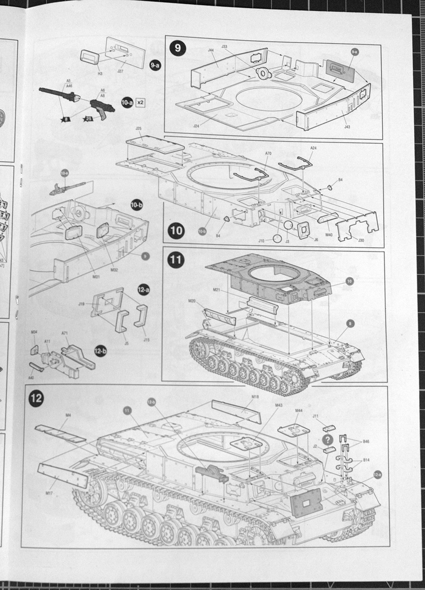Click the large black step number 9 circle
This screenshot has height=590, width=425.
click(x=177, y=47)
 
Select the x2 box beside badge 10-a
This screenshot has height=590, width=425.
click(x=140, y=103)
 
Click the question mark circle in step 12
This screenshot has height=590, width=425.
click(x=327, y=439)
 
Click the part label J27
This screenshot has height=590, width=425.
click(x=120, y=71)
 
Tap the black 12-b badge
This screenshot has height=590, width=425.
click(x=100, y=351)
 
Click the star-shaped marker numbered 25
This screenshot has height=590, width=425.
click(x=88, y=119)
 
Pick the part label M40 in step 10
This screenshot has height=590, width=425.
click(x=329, y=235)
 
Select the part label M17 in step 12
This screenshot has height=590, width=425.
click(x=49, y=491)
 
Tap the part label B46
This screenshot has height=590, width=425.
click(x=366, y=441)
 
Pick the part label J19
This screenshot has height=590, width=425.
click(x=82, y=305)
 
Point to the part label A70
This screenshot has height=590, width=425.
click(x=268, y=153)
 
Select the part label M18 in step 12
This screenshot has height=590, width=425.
click(x=255, y=396)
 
